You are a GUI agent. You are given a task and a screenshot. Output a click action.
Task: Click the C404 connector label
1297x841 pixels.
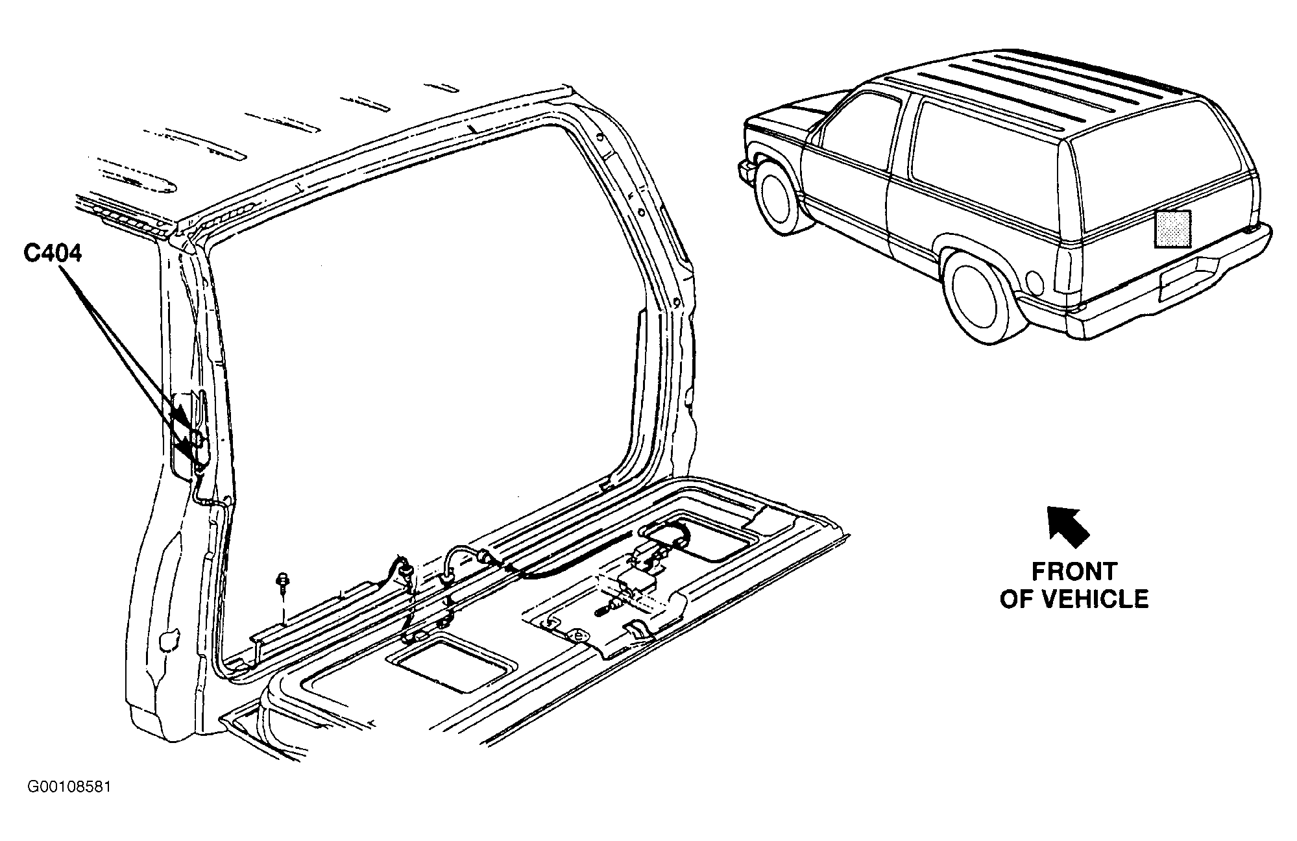point(53,252)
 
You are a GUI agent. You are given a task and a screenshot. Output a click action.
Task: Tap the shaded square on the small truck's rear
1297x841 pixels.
point(1172,228)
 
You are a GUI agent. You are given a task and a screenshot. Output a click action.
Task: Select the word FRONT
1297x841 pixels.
point(1074,572)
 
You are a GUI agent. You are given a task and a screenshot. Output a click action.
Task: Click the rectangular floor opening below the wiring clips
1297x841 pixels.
point(452,665)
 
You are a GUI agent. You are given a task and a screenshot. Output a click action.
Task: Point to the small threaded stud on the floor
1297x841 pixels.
point(604,611)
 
